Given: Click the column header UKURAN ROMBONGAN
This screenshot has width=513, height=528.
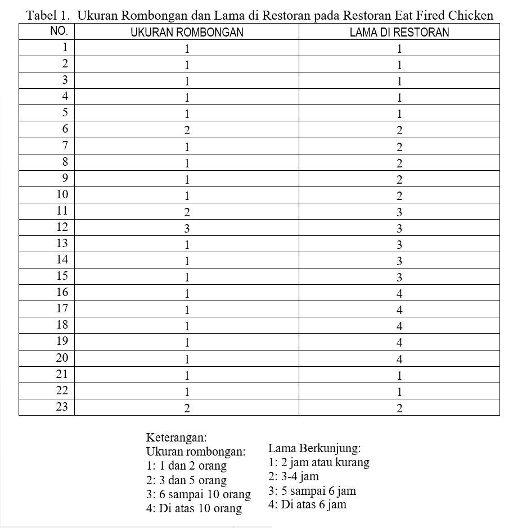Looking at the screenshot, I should [187, 32].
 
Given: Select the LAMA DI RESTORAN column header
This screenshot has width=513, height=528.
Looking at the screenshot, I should [399, 32].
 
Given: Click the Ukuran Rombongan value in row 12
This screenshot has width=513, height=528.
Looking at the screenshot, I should [187, 229].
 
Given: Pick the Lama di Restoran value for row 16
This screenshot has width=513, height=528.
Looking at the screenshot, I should [399, 294].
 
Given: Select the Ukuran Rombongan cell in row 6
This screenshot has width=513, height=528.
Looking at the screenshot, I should [187, 131].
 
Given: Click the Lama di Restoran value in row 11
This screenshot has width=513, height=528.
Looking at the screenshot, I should [399, 212].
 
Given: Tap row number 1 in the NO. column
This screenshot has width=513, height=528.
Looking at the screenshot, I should [65, 47].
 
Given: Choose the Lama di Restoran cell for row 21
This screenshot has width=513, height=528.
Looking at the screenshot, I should [399, 375].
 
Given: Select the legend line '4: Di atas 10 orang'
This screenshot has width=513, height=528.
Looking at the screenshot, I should [193, 508].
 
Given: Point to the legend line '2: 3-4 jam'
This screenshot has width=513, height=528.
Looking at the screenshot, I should [294, 476].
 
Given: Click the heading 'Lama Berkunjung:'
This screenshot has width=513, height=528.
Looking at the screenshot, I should [314, 448].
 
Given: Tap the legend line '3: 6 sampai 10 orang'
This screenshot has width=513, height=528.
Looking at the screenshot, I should [198, 494].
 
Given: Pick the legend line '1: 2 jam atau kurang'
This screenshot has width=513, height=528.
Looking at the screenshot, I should [319, 462].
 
